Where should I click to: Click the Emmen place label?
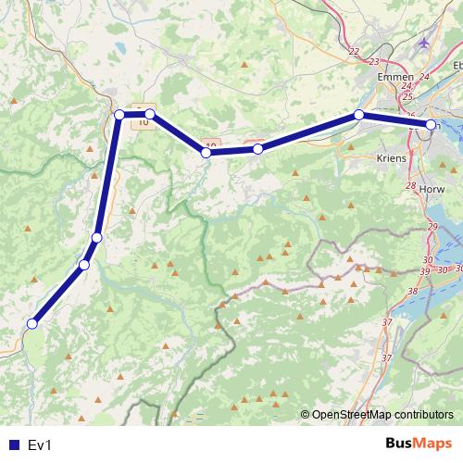click(x=395, y=78)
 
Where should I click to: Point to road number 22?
click(x=354, y=52)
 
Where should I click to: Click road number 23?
click(x=374, y=61)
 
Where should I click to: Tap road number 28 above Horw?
click(x=411, y=186)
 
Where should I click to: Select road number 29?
click(x=432, y=228)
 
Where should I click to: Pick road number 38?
click(x=413, y=291)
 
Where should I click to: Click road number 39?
click(x=424, y=270)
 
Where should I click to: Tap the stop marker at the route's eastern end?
click(x=431, y=124)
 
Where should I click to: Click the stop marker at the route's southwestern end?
click(x=32, y=324)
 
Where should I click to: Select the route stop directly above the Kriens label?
click(x=358, y=115)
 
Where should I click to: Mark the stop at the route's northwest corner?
click(x=119, y=114)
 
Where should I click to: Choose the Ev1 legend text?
click(x=41, y=445)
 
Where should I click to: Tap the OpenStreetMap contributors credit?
click(x=382, y=415)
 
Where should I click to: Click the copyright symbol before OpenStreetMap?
click(x=305, y=415)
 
